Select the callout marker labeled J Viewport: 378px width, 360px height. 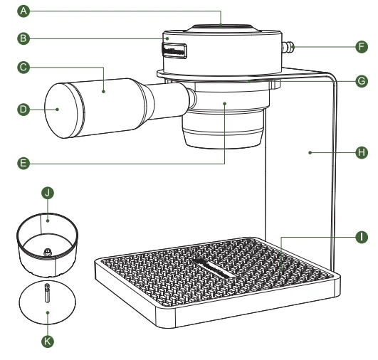tap(47, 193)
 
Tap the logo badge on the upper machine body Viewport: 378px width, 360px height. tap(174, 51)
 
